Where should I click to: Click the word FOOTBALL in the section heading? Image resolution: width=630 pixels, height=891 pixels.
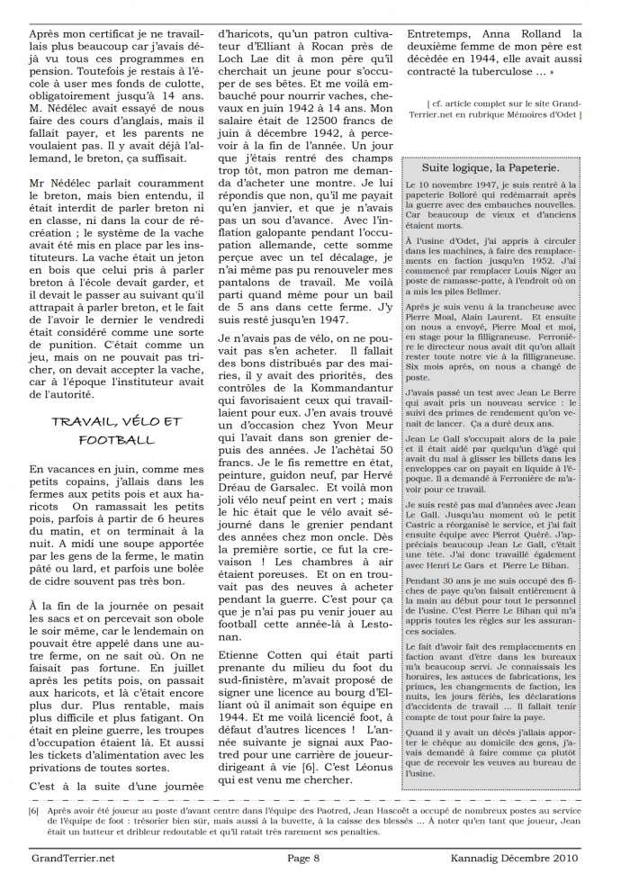[117, 440]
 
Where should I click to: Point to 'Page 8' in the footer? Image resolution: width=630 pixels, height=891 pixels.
[309, 858]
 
